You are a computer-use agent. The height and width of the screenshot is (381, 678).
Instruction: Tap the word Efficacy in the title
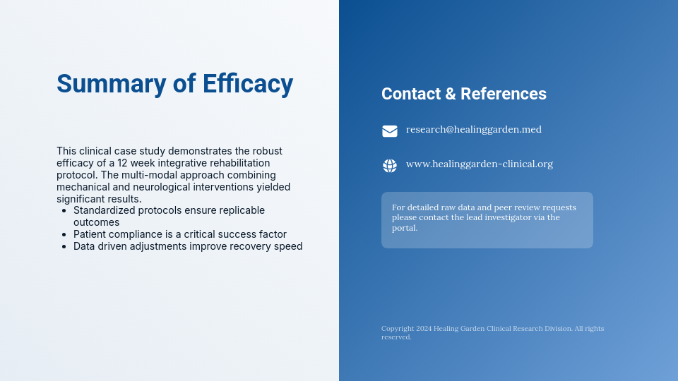(247, 84)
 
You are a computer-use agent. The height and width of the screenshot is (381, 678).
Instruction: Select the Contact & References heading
(463, 94)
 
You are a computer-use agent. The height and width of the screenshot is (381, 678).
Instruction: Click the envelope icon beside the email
(390, 131)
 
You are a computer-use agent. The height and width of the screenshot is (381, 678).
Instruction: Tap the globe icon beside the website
(390, 166)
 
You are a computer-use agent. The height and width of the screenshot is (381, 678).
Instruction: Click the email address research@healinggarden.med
(473, 129)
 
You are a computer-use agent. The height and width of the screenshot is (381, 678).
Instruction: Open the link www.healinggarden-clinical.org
(479, 164)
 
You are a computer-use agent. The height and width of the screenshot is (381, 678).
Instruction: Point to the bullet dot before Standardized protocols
(64, 211)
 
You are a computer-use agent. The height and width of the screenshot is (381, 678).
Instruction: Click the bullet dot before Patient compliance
(64, 235)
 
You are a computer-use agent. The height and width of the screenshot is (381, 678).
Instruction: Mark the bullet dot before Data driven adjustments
(64, 247)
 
